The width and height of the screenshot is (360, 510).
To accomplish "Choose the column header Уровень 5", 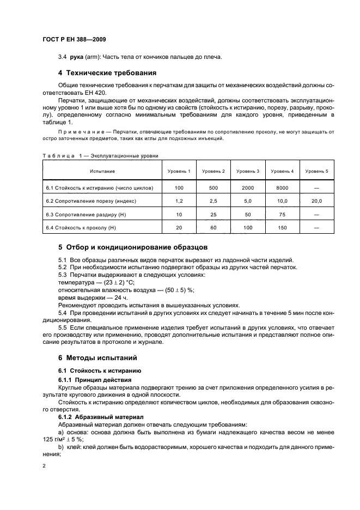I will (317, 171).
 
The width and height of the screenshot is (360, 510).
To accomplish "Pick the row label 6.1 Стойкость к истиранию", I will (99, 188).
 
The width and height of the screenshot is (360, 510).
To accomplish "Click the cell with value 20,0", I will (317, 201).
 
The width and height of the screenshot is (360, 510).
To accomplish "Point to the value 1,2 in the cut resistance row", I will (180, 201).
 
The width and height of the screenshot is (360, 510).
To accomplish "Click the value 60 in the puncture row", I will (214, 227).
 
